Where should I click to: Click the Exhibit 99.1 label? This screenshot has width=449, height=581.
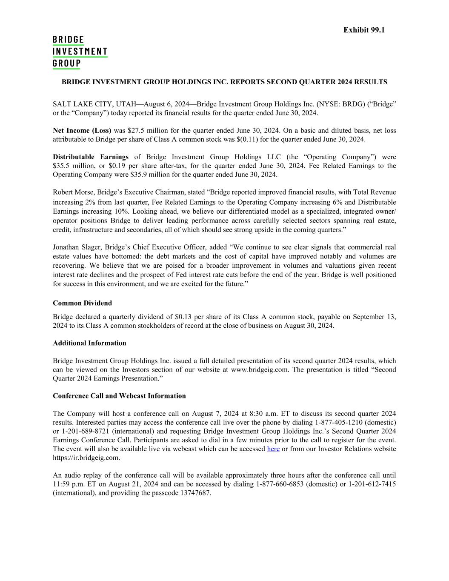pos(364,30)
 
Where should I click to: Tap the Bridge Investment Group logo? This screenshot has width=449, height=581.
pos(80,52)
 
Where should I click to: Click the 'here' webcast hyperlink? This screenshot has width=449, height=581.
pos(273,449)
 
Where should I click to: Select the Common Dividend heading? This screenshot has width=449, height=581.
pos(82,303)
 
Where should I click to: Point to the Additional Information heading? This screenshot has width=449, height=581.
pos(89,343)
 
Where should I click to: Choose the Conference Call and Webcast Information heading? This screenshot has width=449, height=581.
pos(119,396)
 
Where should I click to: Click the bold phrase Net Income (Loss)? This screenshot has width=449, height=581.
pos(82,130)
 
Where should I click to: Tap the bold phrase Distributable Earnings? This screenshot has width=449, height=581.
pos(90,157)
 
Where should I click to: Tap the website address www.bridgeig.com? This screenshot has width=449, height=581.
pos(260,369)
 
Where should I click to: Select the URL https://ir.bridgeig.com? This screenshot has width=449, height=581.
pos(86,458)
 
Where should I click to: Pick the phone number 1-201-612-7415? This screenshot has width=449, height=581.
pos(372,484)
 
